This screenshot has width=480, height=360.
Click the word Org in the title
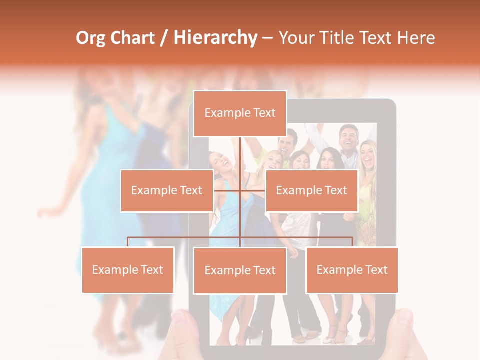point(90,38)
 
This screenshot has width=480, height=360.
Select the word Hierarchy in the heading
point(215,38)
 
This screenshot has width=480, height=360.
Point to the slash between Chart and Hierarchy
point(163,38)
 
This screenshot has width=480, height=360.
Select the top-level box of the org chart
point(240,113)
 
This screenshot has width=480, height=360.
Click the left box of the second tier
point(167,190)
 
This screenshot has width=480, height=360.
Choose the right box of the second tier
point(311,190)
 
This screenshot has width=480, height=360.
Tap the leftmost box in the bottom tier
point(128,270)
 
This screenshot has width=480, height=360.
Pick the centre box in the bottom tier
point(240,270)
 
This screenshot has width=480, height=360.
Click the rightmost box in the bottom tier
point(352,270)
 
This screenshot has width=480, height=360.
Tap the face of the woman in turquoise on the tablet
point(218,161)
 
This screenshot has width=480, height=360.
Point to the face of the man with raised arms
point(348,138)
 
